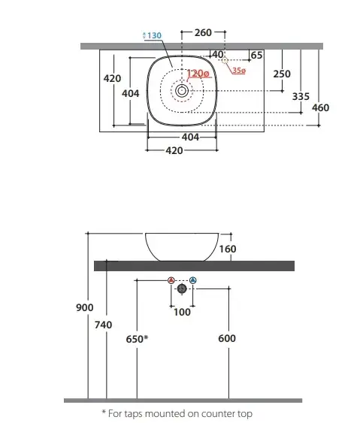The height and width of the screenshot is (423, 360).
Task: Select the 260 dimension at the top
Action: pyautogui.click(x=203, y=32)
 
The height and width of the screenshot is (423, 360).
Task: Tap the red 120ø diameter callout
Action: pyautogui.click(x=198, y=74)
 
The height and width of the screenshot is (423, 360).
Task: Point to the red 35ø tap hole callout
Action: pyautogui.click(x=239, y=71)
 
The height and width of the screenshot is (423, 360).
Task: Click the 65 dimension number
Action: pyautogui.click(x=256, y=55)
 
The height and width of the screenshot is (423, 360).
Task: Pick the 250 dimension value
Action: pyautogui.click(x=282, y=74)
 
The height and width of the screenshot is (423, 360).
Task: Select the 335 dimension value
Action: pyautogui.click(x=301, y=96)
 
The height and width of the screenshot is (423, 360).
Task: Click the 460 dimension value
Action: pyautogui.click(x=320, y=107)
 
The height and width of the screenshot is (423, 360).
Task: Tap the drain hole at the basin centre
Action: pyautogui.click(x=182, y=91)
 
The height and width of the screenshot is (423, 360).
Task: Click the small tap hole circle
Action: pyautogui.click(x=225, y=60)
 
